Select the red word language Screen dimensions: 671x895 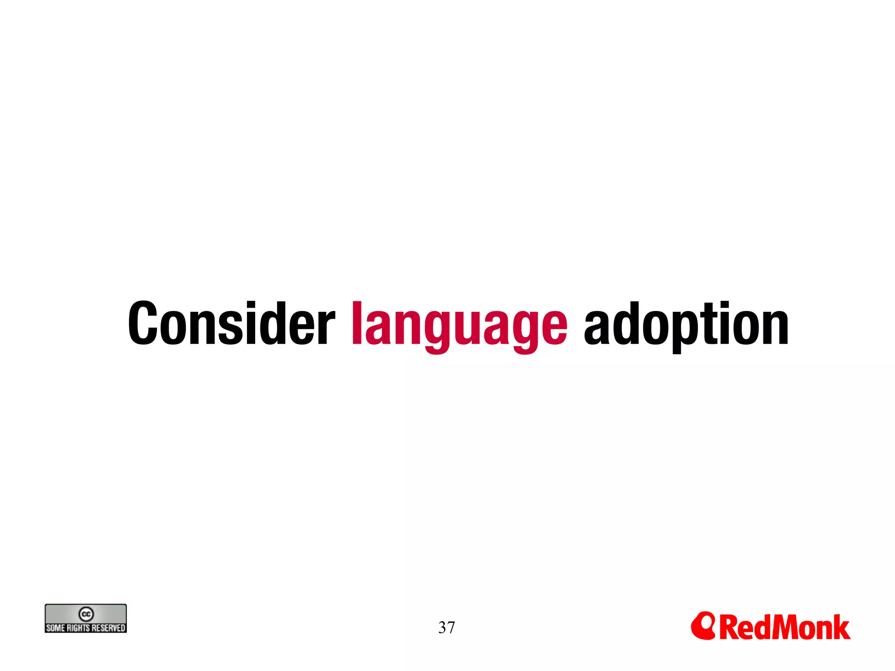click(459, 325)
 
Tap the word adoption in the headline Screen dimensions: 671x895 click(686, 325)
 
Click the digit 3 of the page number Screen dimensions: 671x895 click(442, 628)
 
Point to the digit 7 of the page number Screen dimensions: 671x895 click(451, 628)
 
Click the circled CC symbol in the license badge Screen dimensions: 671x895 click(86, 614)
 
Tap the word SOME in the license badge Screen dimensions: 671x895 click(56, 628)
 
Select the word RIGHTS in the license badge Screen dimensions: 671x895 click(79, 628)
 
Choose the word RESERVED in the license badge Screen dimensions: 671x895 click(108, 628)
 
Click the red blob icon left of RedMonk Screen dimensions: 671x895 click(703, 626)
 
